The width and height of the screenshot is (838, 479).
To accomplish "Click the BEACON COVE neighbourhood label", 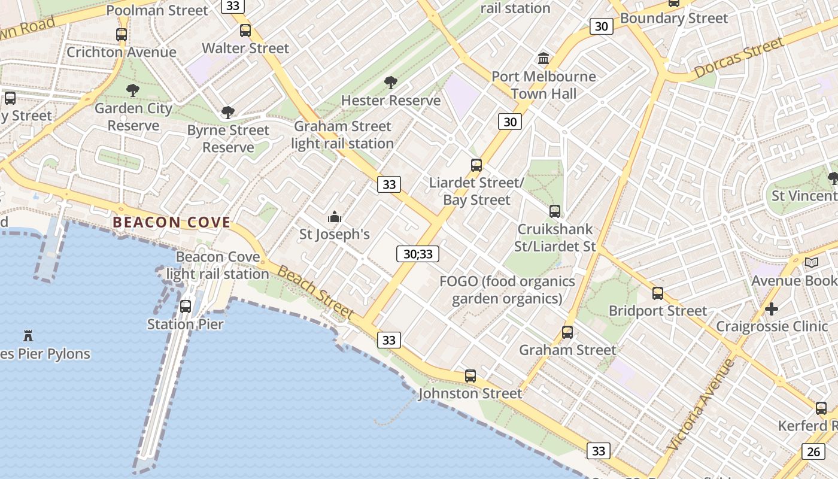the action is pyautogui.click(x=172, y=223).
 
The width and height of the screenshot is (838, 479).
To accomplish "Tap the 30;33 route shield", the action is pyautogui.click(x=418, y=254).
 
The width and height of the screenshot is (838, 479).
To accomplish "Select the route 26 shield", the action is pyautogui.click(x=813, y=451).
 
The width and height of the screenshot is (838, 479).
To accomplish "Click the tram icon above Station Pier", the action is pyautogui.click(x=186, y=307).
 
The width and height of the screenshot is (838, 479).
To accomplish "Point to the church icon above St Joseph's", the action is pyautogui.click(x=335, y=217).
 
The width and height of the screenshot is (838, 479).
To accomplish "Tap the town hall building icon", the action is pyautogui.click(x=544, y=59).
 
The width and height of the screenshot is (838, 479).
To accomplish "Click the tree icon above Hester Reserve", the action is pyautogui.click(x=391, y=83).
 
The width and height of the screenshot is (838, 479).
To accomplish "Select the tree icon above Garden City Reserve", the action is pyautogui.click(x=133, y=90).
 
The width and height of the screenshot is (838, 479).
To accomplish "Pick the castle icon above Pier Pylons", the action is pyautogui.click(x=28, y=335).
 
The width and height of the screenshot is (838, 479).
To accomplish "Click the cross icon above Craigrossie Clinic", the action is pyautogui.click(x=772, y=309).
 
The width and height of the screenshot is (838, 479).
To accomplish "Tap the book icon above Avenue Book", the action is pyautogui.click(x=812, y=262).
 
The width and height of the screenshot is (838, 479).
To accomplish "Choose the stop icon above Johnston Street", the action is pyautogui.click(x=470, y=376).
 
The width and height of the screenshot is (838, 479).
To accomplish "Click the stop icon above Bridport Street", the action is pyautogui.click(x=658, y=293).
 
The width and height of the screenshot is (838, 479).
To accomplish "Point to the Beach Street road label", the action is pyautogui.click(x=316, y=292).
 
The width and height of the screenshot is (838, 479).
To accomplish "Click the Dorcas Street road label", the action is pyautogui.click(x=739, y=58).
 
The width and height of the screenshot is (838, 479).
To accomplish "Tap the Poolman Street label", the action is pyautogui.click(x=157, y=10).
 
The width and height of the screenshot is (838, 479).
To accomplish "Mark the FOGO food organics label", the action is pyautogui.click(x=507, y=290).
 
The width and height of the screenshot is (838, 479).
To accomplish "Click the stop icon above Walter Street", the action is pyautogui.click(x=245, y=31).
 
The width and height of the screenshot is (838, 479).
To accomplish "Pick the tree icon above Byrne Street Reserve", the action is pyautogui.click(x=227, y=113).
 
